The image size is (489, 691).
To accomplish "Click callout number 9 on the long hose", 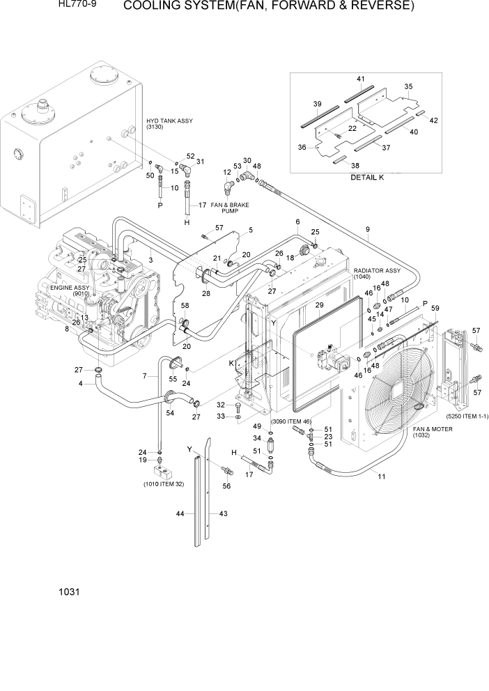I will coord(367,230).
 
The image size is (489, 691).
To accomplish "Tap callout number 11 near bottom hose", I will coord(381,476).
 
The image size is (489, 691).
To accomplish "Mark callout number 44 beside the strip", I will coord(180,513).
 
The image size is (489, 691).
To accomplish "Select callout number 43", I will coord(224,513).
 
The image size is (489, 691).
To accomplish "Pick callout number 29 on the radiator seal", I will coord(320,306).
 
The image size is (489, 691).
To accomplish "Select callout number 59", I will coord(436,309).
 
